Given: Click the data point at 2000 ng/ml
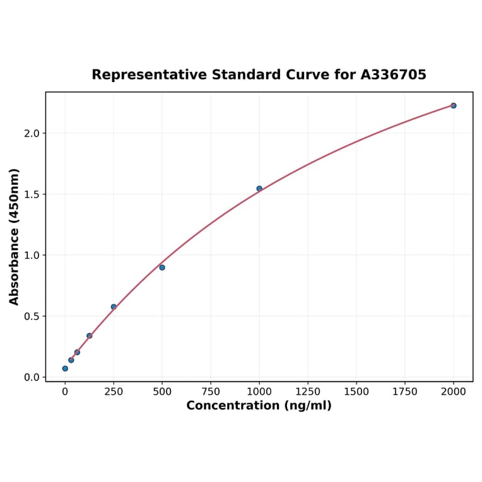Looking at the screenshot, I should click(x=453, y=105).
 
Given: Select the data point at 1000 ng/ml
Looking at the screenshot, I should click(x=259, y=189).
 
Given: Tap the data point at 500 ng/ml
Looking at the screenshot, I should click(x=162, y=267).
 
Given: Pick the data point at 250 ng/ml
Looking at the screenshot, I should click(x=114, y=307).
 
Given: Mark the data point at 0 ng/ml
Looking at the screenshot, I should click(x=65, y=368).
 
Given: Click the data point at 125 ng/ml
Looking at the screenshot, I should click(x=90, y=336).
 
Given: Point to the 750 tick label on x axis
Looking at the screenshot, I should click(x=211, y=392).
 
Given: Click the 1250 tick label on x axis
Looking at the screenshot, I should click(x=308, y=392).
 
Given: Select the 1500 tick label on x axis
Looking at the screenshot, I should click(x=356, y=392).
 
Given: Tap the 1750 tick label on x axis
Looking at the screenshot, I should click(x=405, y=392).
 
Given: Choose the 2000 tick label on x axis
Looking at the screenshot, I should click(x=454, y=392).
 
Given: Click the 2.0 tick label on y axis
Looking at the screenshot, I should click(x=32, y=134).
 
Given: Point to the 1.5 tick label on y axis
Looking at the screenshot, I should click(x=32, y=194).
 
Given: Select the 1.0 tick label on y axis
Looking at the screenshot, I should click(x=32, y=256).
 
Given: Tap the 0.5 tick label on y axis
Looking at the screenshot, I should click(x=32, y=317).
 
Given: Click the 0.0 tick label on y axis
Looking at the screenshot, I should click(x=32, y=377).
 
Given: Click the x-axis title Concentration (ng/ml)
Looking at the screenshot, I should click(x=259, y=406).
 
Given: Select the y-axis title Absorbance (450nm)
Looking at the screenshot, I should click(x=15, y=237).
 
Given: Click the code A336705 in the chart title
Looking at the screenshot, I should click(x=393, y=75).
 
